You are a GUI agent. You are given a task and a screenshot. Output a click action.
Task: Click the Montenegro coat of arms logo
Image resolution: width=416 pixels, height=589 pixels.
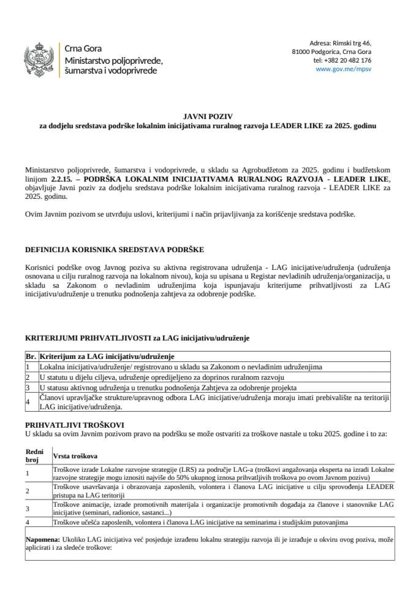39,59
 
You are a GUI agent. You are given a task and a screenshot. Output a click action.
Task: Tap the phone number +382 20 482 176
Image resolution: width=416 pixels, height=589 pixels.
342,61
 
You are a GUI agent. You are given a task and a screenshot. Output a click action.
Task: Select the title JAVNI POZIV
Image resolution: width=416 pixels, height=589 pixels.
207,115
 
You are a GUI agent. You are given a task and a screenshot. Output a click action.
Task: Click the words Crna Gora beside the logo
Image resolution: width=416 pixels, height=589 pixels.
83,48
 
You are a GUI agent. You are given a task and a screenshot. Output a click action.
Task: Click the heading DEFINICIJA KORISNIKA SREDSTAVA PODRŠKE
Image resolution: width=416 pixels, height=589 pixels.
115,250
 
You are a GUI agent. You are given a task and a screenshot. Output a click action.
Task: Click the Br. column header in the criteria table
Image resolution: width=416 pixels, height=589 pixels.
31,356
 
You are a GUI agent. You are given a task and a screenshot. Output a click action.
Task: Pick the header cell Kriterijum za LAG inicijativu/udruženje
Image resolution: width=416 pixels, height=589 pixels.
107,356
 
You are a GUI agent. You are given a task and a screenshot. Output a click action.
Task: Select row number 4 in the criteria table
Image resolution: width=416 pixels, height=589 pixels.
28,402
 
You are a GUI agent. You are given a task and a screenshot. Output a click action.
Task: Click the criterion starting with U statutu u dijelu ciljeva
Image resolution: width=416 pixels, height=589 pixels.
162,377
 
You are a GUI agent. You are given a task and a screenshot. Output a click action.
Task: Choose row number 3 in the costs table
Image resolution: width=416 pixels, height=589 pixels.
28,509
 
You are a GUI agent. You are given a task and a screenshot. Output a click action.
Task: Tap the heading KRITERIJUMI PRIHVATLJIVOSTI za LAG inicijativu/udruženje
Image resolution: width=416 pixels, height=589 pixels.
137,338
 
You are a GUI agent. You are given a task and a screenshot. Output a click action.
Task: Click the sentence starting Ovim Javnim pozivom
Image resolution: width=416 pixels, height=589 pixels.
190,214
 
